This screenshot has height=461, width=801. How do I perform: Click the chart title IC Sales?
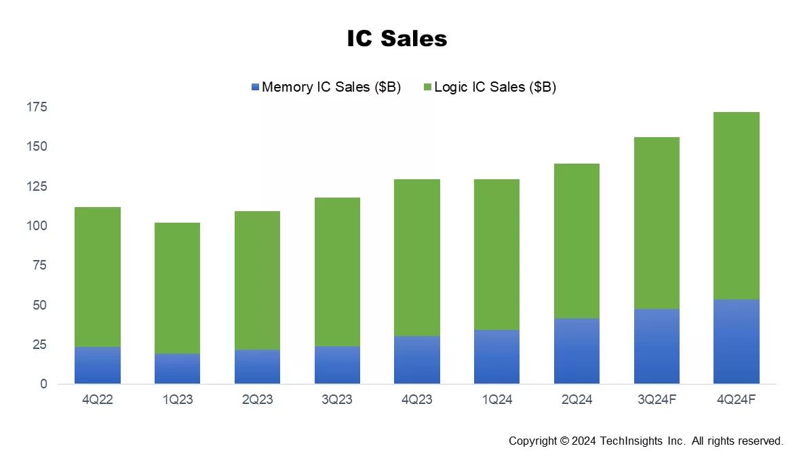[x=397, y=39]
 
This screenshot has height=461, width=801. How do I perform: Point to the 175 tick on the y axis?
[x=37, y=107]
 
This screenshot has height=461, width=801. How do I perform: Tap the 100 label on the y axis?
[x=37, y=225]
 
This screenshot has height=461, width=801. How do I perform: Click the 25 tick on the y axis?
[x=41, y=344]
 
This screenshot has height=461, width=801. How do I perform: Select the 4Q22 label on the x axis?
[x=98, y=400]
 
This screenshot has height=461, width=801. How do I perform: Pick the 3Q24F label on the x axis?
[x=656, y=400]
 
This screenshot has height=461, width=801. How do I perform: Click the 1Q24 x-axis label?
[x=496, y=400]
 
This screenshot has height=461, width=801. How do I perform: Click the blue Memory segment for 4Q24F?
[x=736, y=342]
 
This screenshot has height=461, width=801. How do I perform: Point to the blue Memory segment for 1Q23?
[x=177, y=369]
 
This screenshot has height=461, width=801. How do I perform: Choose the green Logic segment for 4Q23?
[x=416, y=257]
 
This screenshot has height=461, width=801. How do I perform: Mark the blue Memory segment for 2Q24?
[x=577, y=351]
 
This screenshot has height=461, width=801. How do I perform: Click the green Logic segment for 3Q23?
[x=336, y=272]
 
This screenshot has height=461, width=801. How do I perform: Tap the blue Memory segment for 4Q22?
[x=98, y=365]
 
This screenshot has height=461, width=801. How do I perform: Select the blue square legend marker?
[x=255, y=87]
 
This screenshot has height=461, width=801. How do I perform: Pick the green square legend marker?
[x=427, y=87]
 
